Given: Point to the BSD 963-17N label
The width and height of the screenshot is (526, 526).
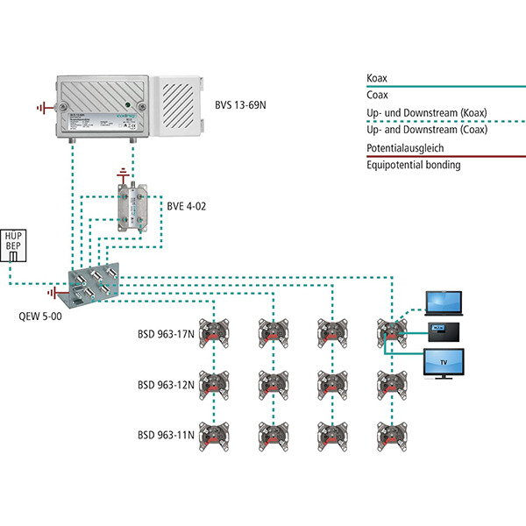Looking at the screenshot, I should (x=165, y=333).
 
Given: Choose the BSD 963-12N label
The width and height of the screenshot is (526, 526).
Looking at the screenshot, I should (x=165, y=384).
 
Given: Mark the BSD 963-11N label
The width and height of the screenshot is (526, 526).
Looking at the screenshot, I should (x=165, y=435).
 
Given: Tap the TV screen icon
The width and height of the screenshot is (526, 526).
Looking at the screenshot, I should (x=444, y=362).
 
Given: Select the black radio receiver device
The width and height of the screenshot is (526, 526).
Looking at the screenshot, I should (x=442, y=331).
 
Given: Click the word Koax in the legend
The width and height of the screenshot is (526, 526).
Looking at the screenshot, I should (x=378, y=78).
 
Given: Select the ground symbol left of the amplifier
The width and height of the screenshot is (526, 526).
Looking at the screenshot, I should (x=42, y=108).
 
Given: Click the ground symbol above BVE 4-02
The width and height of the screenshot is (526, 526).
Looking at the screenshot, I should (x=122, y=172).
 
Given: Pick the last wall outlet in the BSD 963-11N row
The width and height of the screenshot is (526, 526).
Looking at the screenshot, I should (x=389, y=434).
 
